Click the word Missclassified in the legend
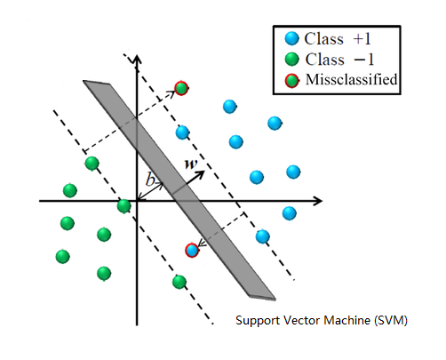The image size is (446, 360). tap(351, 81)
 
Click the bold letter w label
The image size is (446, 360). tap(188, 164)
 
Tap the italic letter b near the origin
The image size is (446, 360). tap(150, 180)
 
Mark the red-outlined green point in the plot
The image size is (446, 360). tap(181, 87)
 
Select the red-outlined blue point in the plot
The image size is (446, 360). tap(191, 250)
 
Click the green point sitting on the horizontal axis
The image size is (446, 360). tap(123, 206)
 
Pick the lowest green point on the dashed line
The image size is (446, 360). tap(179, 282)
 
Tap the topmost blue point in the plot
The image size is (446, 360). tap(230, 106)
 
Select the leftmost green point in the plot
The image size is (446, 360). tap(62, 256)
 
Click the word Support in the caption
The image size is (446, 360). tap(256, 319)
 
